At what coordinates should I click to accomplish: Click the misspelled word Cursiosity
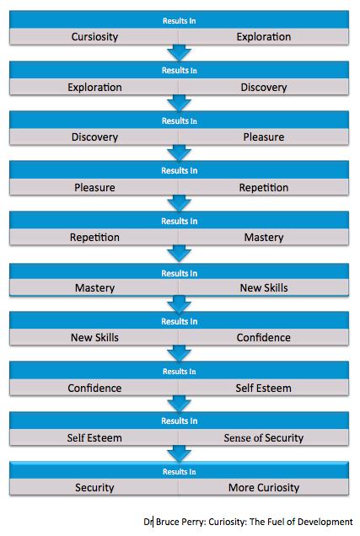click(x=94, y=36)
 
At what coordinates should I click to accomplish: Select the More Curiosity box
click(x=264, y=487)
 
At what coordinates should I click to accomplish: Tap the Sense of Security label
click(x=264, y=437)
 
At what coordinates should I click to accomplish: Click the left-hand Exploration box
click(x=94, y=87)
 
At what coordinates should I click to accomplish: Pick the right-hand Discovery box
click(x=264, y=87)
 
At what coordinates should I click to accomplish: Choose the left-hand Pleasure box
click(x=94, y=187)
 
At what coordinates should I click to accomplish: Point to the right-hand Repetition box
click(x=264, y=187)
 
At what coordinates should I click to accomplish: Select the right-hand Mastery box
click(x=264, y=237)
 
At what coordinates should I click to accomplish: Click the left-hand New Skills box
click(x=94, y=337)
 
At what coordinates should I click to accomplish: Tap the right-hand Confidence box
click(x=264, y=337)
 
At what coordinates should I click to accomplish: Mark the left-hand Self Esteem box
click(x=94, y=437)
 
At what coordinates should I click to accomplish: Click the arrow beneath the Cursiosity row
click(x=179, y=53)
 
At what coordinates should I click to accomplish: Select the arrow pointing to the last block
click(x=179, y=453)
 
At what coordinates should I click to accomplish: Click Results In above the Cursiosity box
click(x=179, y=21)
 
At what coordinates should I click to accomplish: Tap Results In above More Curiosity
click(x=179, y=472)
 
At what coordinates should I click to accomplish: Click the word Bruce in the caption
click(x=167, y=522)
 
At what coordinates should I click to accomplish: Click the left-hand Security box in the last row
click(x=94, y=487)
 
